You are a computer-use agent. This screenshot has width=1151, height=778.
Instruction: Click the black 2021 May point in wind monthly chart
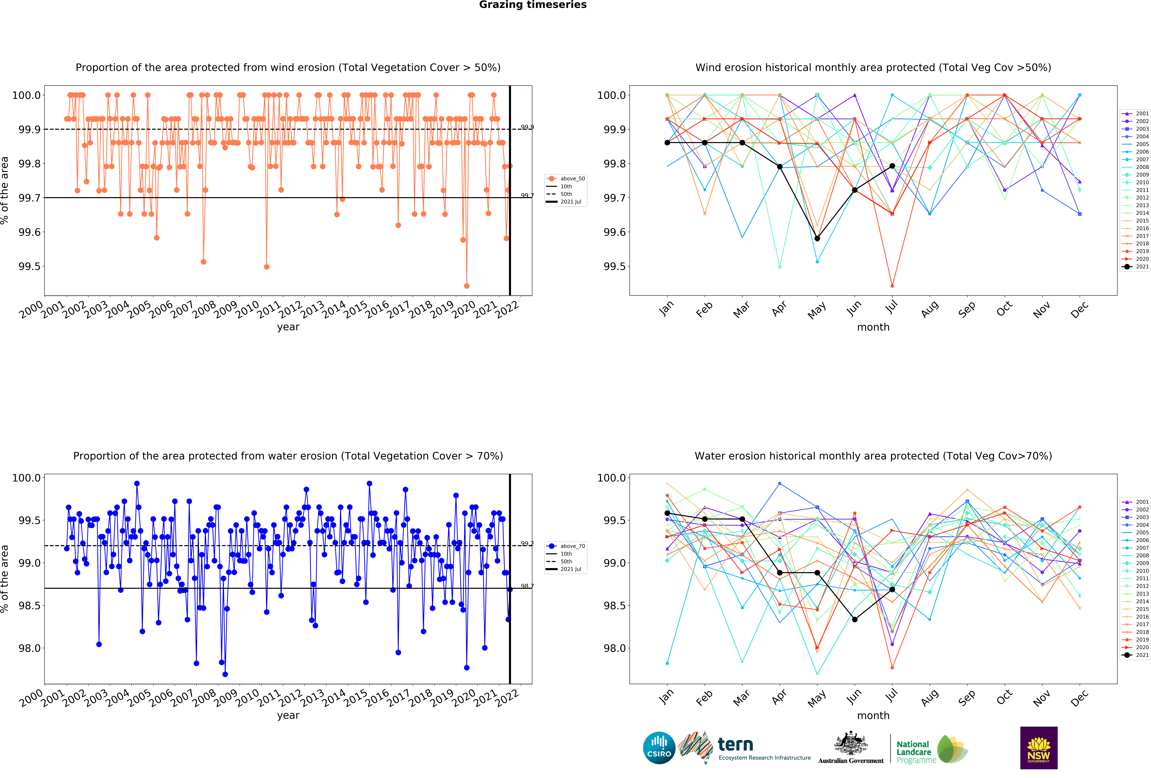[x=817, y=238]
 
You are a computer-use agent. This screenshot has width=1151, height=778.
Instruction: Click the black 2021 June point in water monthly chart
[x=855, y=620]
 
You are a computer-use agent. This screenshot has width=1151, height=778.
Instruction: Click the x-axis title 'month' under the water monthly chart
[x=873, y=716]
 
